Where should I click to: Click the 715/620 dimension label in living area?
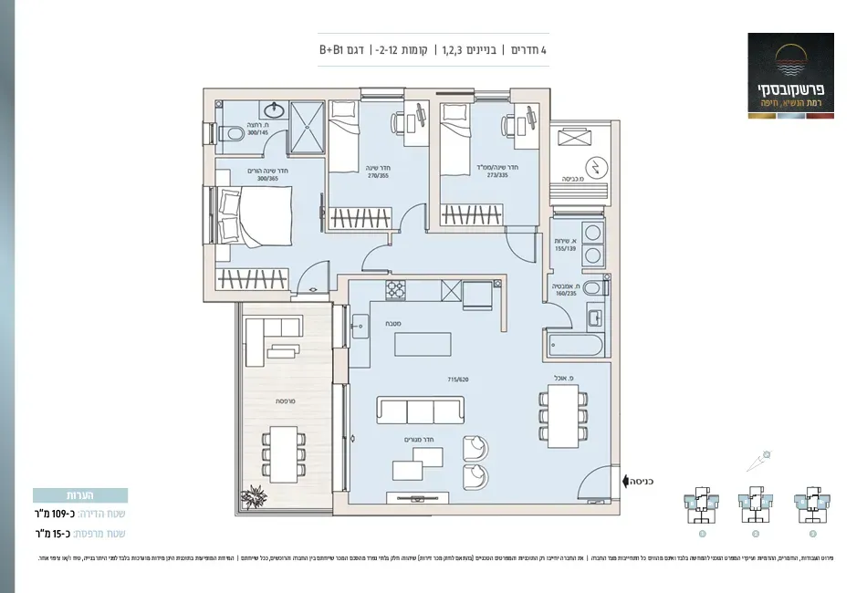(457, 379)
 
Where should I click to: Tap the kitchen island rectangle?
(423, 345)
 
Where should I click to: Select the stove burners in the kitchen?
(396, 290)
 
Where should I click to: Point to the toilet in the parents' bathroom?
(229, 132)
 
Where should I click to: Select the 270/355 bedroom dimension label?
(352, 176)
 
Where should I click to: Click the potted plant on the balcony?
(254, 497)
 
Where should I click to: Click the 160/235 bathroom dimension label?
(565, 294)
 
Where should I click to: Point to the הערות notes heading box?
(80, 495)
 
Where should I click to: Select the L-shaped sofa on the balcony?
(270, 339)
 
